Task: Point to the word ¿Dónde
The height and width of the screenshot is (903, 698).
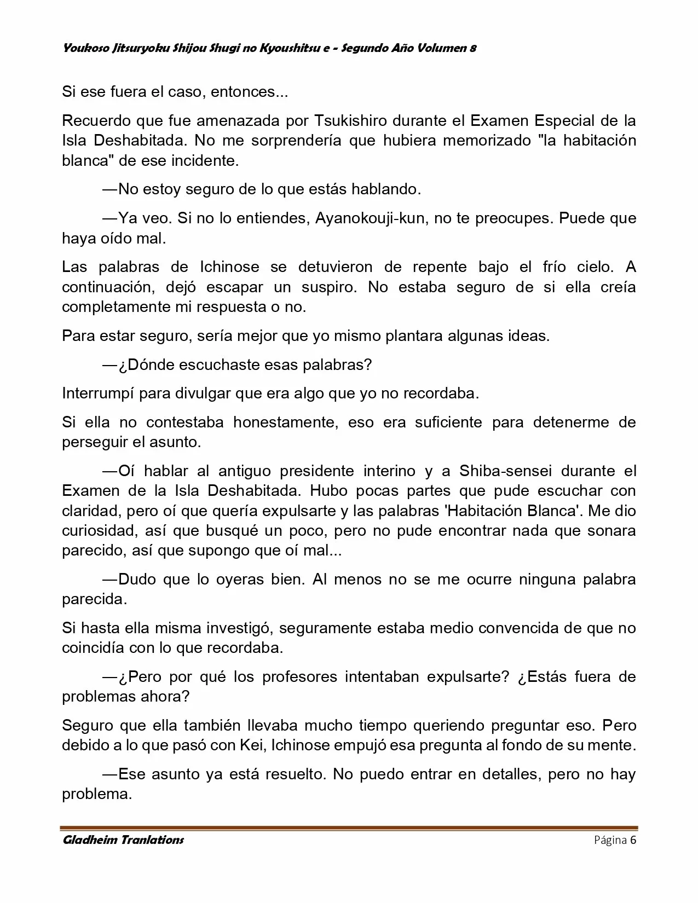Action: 145,364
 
